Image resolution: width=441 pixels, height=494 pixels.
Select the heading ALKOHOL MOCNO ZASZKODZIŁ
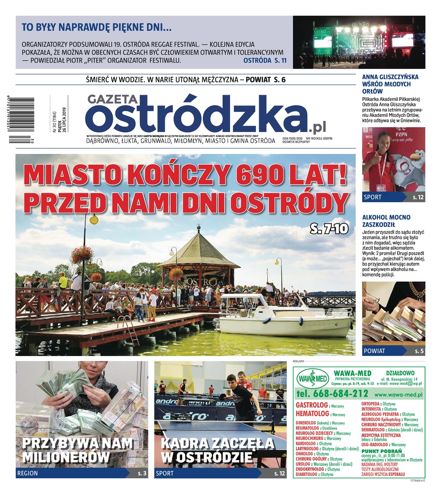[386, 221]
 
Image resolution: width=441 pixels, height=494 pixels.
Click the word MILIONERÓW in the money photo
[66, 457]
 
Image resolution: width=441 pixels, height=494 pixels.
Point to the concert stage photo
[359, 42]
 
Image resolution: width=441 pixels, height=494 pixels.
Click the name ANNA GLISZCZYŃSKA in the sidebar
[390, 77]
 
